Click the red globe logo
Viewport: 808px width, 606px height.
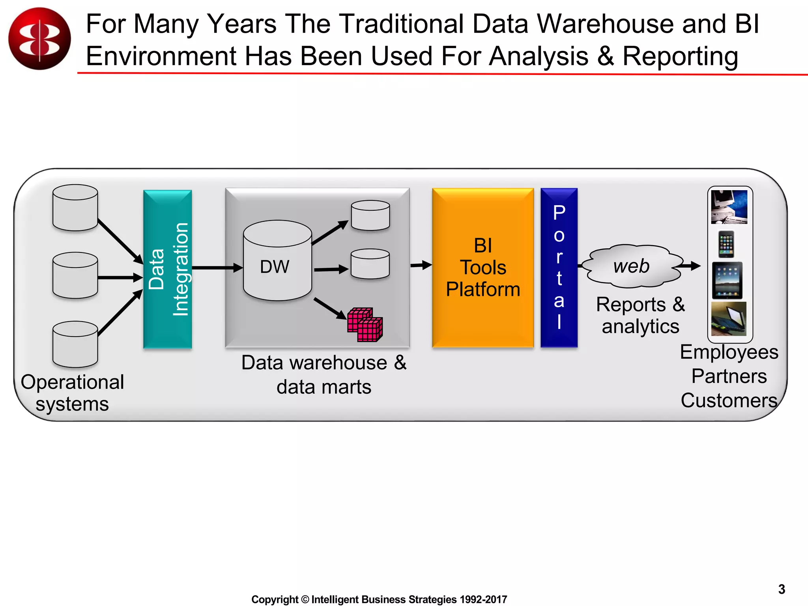(x=39, y=39)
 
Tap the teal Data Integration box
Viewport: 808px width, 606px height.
(x=167, y=269)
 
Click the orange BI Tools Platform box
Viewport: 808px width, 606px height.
(x=483, y=267)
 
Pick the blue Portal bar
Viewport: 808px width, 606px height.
(x=559, y=267)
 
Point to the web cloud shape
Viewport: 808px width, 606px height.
(x=631, y=266)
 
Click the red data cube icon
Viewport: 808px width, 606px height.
(x=365, y=324)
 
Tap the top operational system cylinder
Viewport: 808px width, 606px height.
(x=75, y=208)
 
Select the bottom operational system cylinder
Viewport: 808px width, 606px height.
(x=75, y=344)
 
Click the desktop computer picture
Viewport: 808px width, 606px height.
(x=729, y=207)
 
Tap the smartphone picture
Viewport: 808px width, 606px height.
(x=726, y=244)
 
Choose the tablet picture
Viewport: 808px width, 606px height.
(x=727, y=281)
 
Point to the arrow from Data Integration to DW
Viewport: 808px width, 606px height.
(x=217, y=268)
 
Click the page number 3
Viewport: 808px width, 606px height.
(x=782, y=589)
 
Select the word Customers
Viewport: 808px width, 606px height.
(x=729, y=400)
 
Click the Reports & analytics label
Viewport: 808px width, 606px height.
(x=640, y=315)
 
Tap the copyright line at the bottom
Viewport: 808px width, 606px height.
(x=379, y=599)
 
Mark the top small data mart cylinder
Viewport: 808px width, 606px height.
(x=370, y=215)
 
